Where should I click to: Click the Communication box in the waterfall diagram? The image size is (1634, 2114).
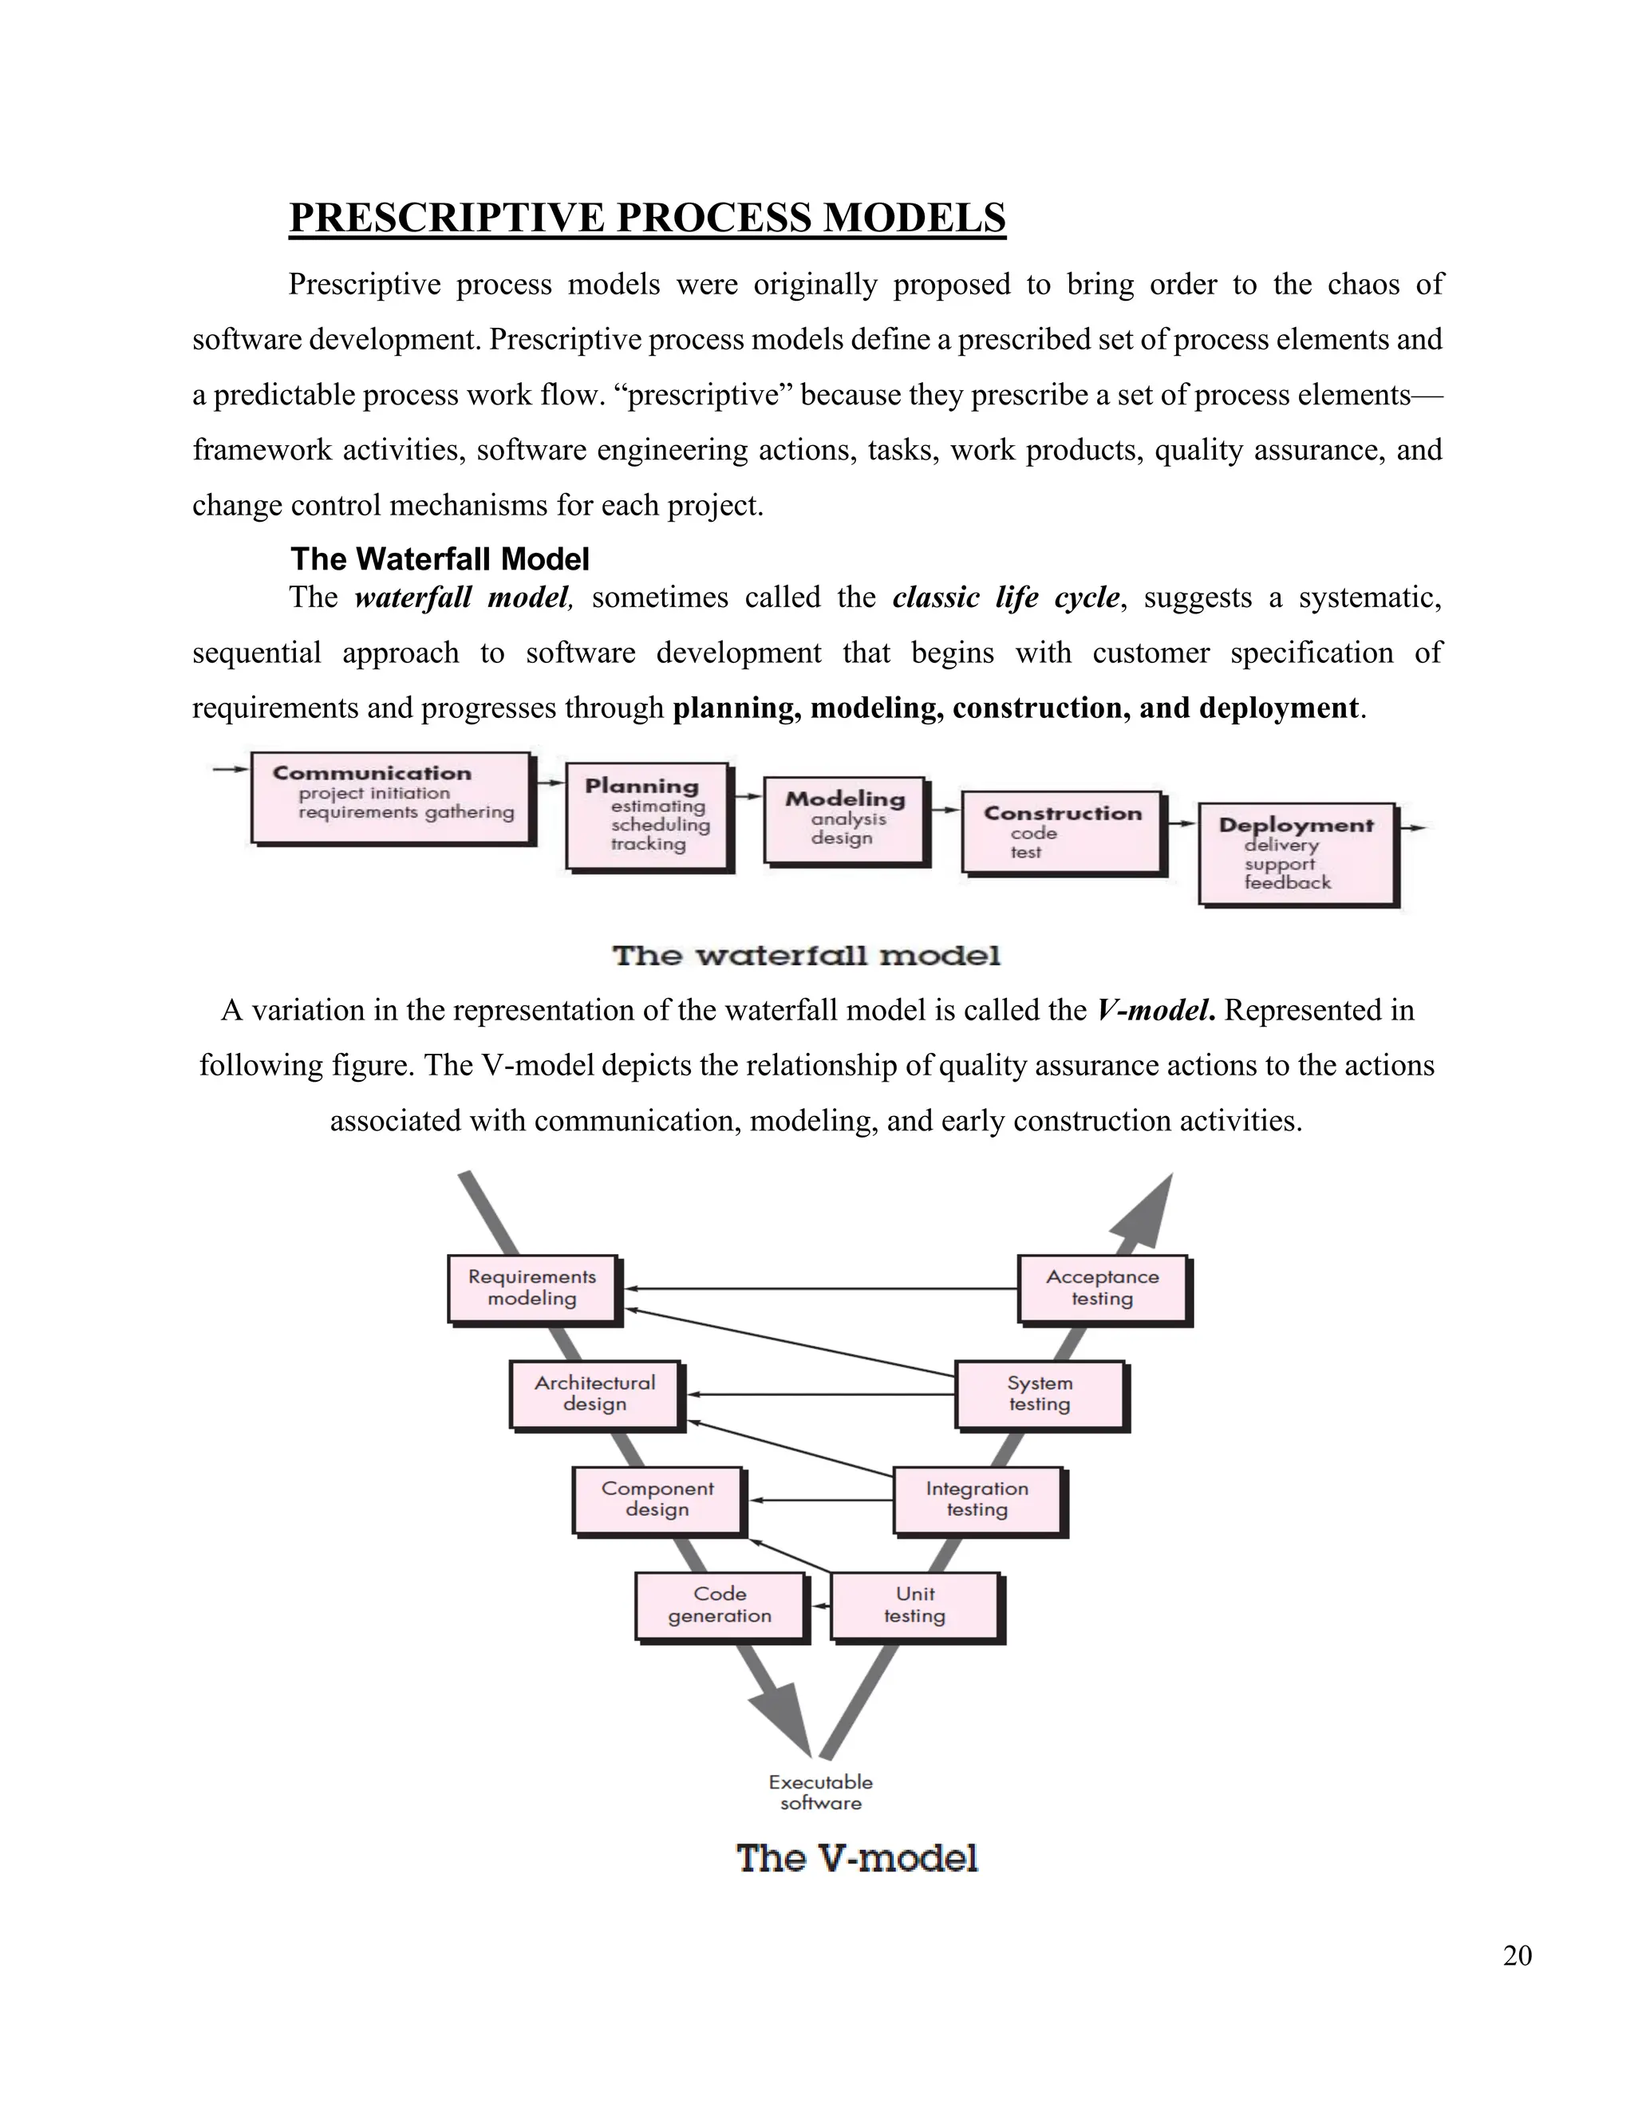391,798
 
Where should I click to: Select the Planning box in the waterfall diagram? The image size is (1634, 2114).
648,816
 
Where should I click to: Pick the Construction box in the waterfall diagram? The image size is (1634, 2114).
1062,831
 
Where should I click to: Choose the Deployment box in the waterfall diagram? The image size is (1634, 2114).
1297,853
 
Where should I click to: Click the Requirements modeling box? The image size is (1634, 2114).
532,1288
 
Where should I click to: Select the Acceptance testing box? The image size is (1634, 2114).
1102,1288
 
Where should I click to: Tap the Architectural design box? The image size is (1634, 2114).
594,1394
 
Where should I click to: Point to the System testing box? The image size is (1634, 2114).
1040,1394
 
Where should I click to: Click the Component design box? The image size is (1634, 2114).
657,1500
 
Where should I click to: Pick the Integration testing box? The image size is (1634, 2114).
977,1500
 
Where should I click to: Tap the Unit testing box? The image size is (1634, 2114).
915,1605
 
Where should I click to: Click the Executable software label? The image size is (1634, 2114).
821,1792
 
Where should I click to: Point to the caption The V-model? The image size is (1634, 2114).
857,1859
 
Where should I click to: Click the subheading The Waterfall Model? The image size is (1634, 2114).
440,559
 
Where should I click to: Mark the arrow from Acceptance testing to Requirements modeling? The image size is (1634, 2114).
823,1288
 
